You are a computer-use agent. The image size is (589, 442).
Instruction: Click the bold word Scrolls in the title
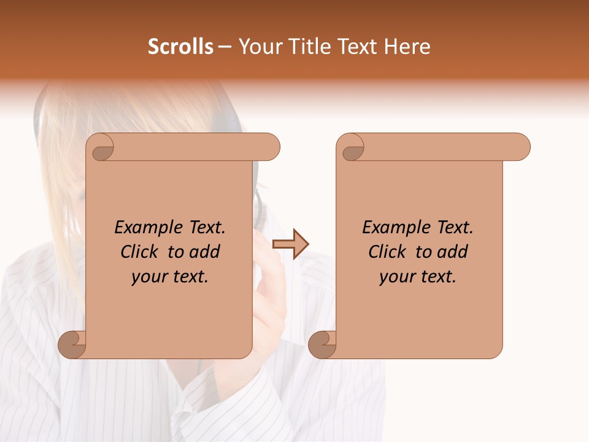pos(180,47)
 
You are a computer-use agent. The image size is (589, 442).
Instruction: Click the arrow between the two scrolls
pos(290,244)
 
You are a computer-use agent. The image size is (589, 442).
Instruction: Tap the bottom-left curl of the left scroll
pos(72,344)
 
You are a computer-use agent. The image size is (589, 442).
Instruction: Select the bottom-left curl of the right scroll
pos(322,344)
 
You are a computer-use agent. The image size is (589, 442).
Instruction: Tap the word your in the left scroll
pos(147,277)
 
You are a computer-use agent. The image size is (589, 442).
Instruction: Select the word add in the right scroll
pos(453,252)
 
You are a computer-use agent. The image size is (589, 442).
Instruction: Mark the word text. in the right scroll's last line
pos(437,277)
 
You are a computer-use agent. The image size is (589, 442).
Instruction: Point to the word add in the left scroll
pos(206,252)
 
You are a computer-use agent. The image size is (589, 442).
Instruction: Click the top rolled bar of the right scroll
pos(442,147)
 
